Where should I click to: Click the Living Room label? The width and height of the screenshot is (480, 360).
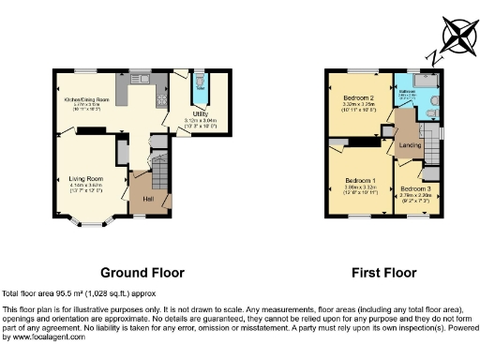tap(85, 177)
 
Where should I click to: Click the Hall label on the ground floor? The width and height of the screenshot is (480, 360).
tap(148, 198)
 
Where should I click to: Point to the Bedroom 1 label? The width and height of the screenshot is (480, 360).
tap(360, 180)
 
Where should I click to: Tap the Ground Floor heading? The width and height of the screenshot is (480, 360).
tap(142, 273)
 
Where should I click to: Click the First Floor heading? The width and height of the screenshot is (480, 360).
tap(383, 273)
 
